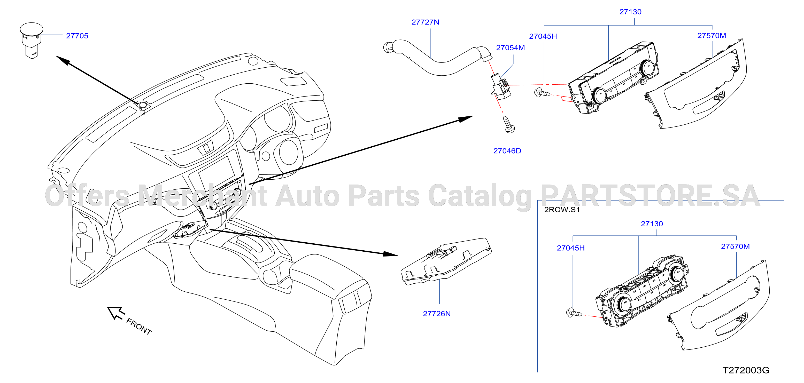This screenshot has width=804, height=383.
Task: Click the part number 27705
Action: coord(77,36)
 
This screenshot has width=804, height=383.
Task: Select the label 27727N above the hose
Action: coord(425,22)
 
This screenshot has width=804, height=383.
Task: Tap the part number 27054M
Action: coord(510,48)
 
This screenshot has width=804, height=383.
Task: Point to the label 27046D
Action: coord(507,151)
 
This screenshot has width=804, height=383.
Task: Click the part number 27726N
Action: coord(437,314)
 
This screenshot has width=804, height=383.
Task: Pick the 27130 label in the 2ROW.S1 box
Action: coord(652,224)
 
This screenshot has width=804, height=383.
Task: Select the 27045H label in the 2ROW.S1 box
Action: coord(570,248)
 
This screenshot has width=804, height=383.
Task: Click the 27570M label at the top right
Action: coord(712,36)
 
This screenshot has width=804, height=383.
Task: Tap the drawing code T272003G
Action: coord(746,370)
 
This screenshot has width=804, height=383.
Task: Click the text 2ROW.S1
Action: coord(562,210)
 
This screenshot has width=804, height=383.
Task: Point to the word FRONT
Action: coord(139,326)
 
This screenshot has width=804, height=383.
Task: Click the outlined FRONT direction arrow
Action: coord(116,313)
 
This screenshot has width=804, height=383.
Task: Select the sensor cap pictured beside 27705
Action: coord(31,40)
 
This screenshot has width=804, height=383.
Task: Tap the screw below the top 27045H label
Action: coord(542,93)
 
